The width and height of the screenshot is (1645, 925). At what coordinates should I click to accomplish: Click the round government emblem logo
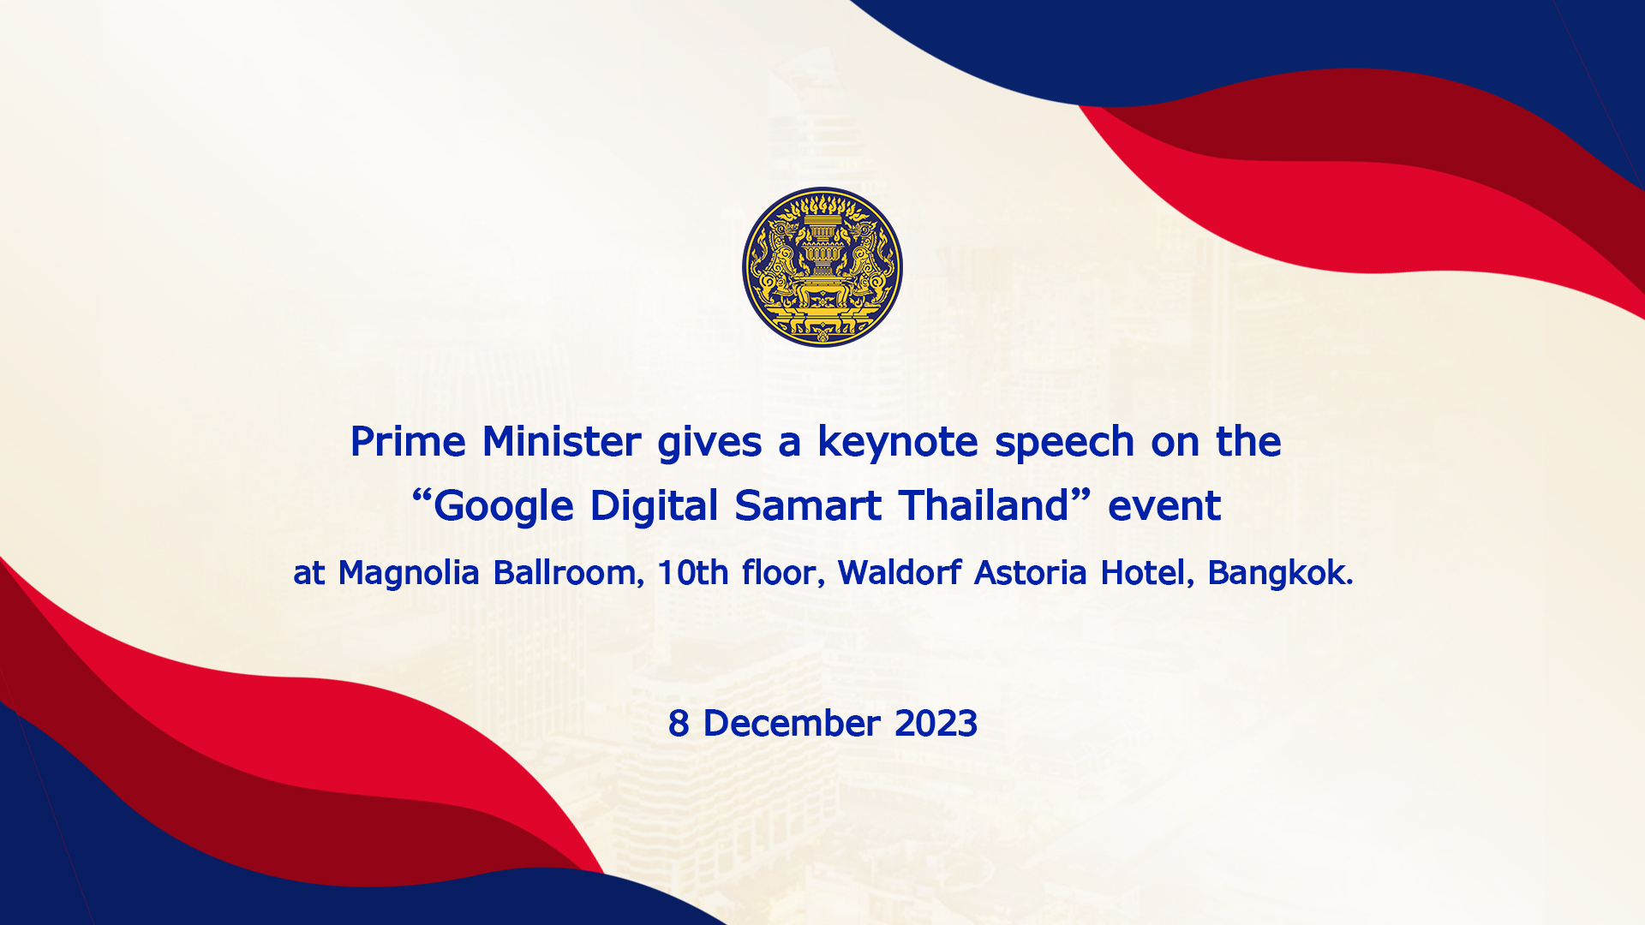(x=822, y=267)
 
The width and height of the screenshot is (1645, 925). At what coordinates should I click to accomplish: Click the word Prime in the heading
(x=408, y=442)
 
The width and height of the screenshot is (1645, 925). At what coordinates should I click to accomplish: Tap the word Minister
(x=562, y=442)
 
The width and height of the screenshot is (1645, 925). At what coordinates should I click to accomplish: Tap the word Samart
(x=808, y=505)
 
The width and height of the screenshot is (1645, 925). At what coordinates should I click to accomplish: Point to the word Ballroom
(x=566, y=573)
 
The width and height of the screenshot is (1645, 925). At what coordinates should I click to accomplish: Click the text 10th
(x=693, y=572)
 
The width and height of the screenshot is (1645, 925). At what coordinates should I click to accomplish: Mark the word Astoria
(x=1031, y=572)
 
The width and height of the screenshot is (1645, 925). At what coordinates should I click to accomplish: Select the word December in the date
(x=792, y=724)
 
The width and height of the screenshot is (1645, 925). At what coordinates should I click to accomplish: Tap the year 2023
(x=936, y=724)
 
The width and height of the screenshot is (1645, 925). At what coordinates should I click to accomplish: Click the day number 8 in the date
(x=679, y=724)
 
